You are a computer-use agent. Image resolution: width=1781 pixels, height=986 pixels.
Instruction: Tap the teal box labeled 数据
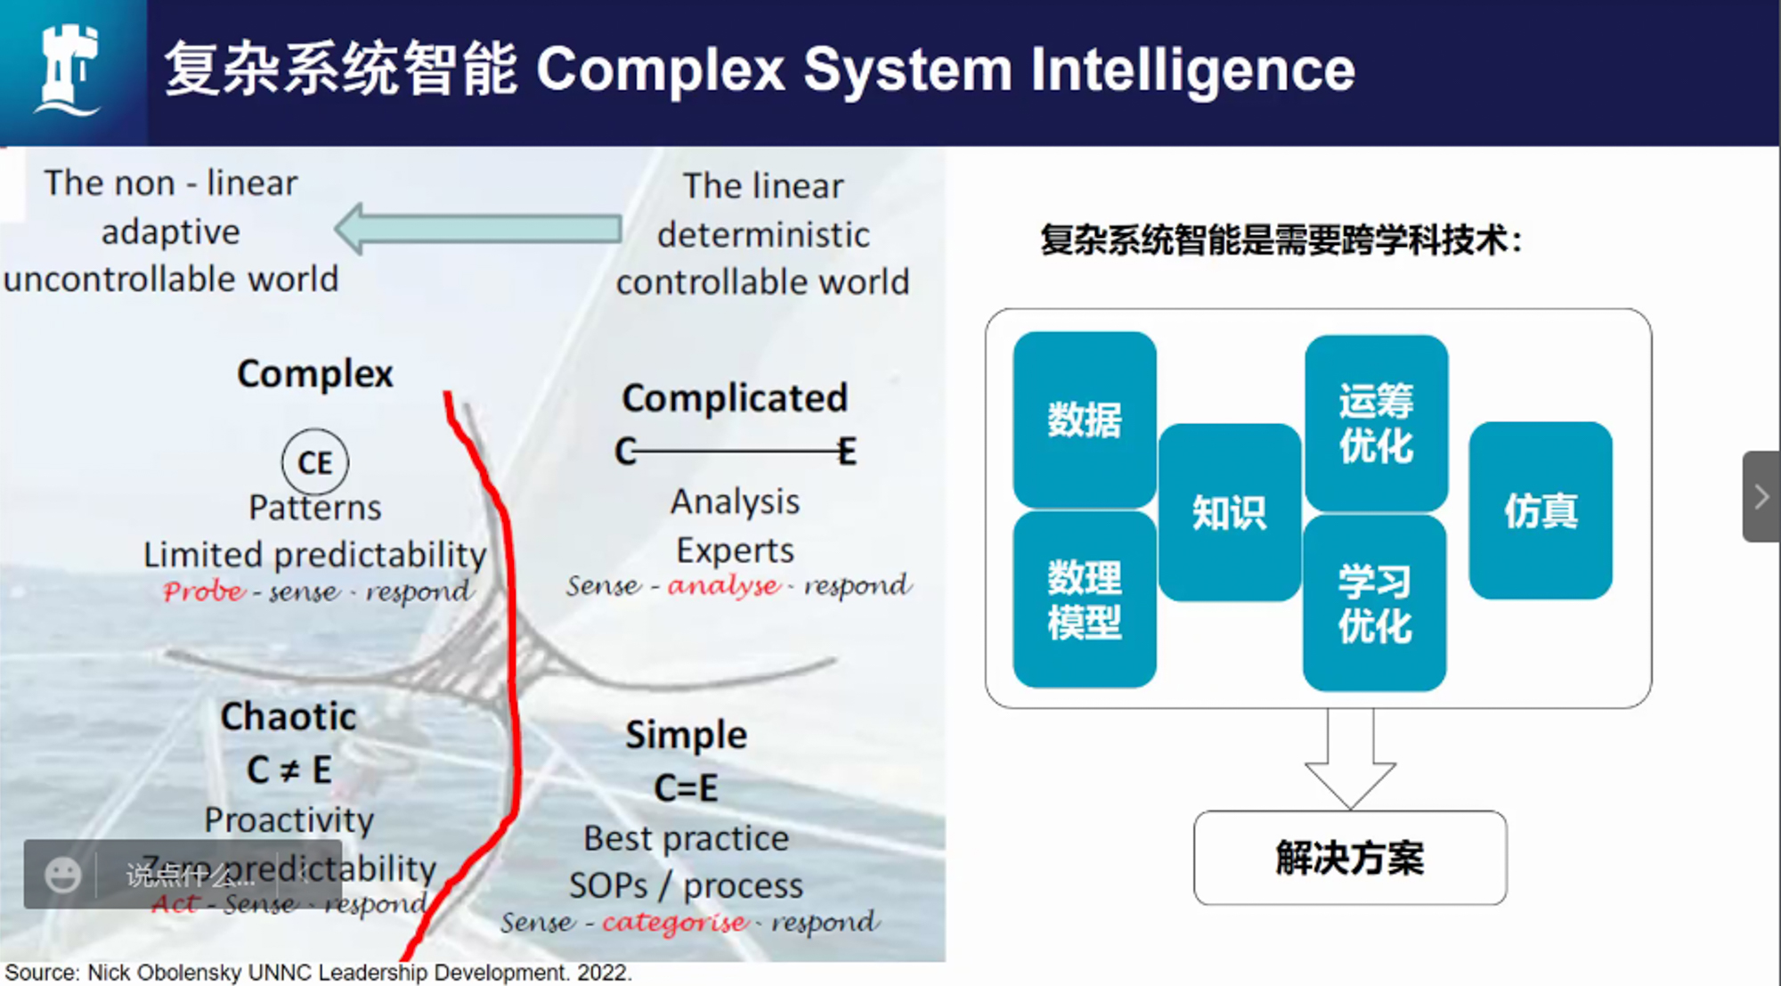[1084, 420]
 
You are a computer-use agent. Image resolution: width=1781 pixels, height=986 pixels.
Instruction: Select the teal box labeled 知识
[1229, 512]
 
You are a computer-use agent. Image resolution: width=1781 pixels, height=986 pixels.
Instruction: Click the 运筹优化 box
[1376, 423]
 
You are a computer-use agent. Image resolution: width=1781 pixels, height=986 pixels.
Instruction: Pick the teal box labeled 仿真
[1541, 510]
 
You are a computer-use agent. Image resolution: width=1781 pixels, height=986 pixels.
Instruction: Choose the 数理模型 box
[1084, 599]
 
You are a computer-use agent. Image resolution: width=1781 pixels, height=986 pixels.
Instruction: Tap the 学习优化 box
[1374, 603]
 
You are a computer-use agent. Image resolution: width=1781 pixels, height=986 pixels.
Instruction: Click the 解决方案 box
[1349, 858]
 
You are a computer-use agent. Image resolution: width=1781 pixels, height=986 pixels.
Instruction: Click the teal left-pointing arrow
[478, 229]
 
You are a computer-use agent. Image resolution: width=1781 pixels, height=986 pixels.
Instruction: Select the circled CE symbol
[315, 462]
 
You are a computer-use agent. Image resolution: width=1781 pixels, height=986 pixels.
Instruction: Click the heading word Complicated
[735, 398]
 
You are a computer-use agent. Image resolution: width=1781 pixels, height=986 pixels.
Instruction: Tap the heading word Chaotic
[289, 716]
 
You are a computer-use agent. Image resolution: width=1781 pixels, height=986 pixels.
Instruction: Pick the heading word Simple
[686, 735]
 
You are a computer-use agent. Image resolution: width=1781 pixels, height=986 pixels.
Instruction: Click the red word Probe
[203, 591]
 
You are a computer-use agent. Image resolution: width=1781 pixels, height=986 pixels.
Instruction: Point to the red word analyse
[723, 585]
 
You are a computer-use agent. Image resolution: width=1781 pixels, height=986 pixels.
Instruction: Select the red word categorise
[674, 922]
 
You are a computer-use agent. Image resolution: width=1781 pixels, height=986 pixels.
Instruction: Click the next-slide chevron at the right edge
[1761, 496]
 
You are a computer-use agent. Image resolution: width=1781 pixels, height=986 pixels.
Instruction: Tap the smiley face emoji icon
[62, 875]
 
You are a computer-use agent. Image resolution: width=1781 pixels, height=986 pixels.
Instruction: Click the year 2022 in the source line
[602, 973]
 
